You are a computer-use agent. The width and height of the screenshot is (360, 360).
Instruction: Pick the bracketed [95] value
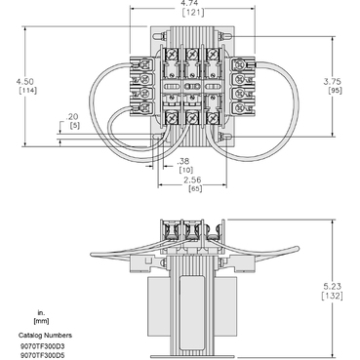338,94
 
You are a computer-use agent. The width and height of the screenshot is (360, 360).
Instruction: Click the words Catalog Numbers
42,334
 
